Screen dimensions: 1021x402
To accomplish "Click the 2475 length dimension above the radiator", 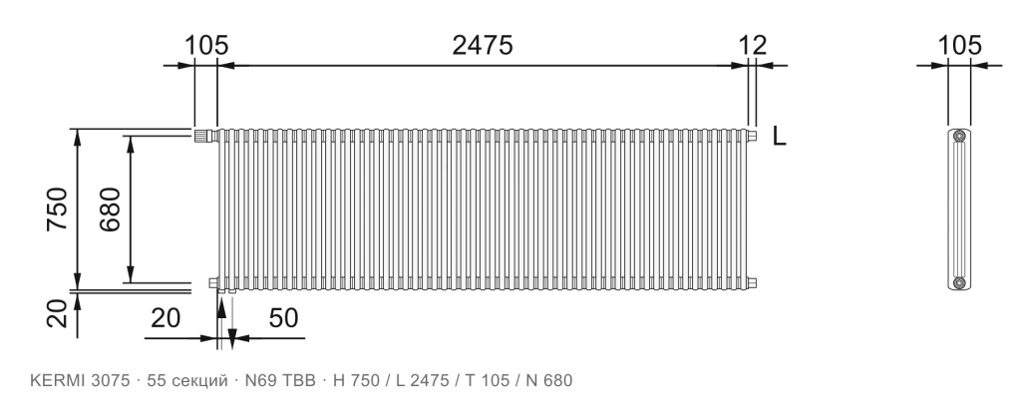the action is [x=483, y=46].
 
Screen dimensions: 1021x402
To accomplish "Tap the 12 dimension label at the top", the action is [x=752, y=46].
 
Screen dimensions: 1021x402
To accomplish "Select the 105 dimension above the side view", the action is [x=959, y=46].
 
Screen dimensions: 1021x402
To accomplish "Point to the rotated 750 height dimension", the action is [x=57, y=208].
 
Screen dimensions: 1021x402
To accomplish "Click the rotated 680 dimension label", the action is [x=110, y=209].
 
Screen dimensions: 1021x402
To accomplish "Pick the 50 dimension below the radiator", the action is [x=283, y=318].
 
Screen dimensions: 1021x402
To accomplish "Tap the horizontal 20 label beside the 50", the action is [x=166, y=318].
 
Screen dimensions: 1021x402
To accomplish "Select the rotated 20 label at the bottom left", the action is [x=57, y=313].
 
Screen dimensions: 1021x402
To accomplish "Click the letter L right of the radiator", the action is [x=779, y=137].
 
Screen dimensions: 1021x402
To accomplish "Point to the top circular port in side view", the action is [x=959, y=137].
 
